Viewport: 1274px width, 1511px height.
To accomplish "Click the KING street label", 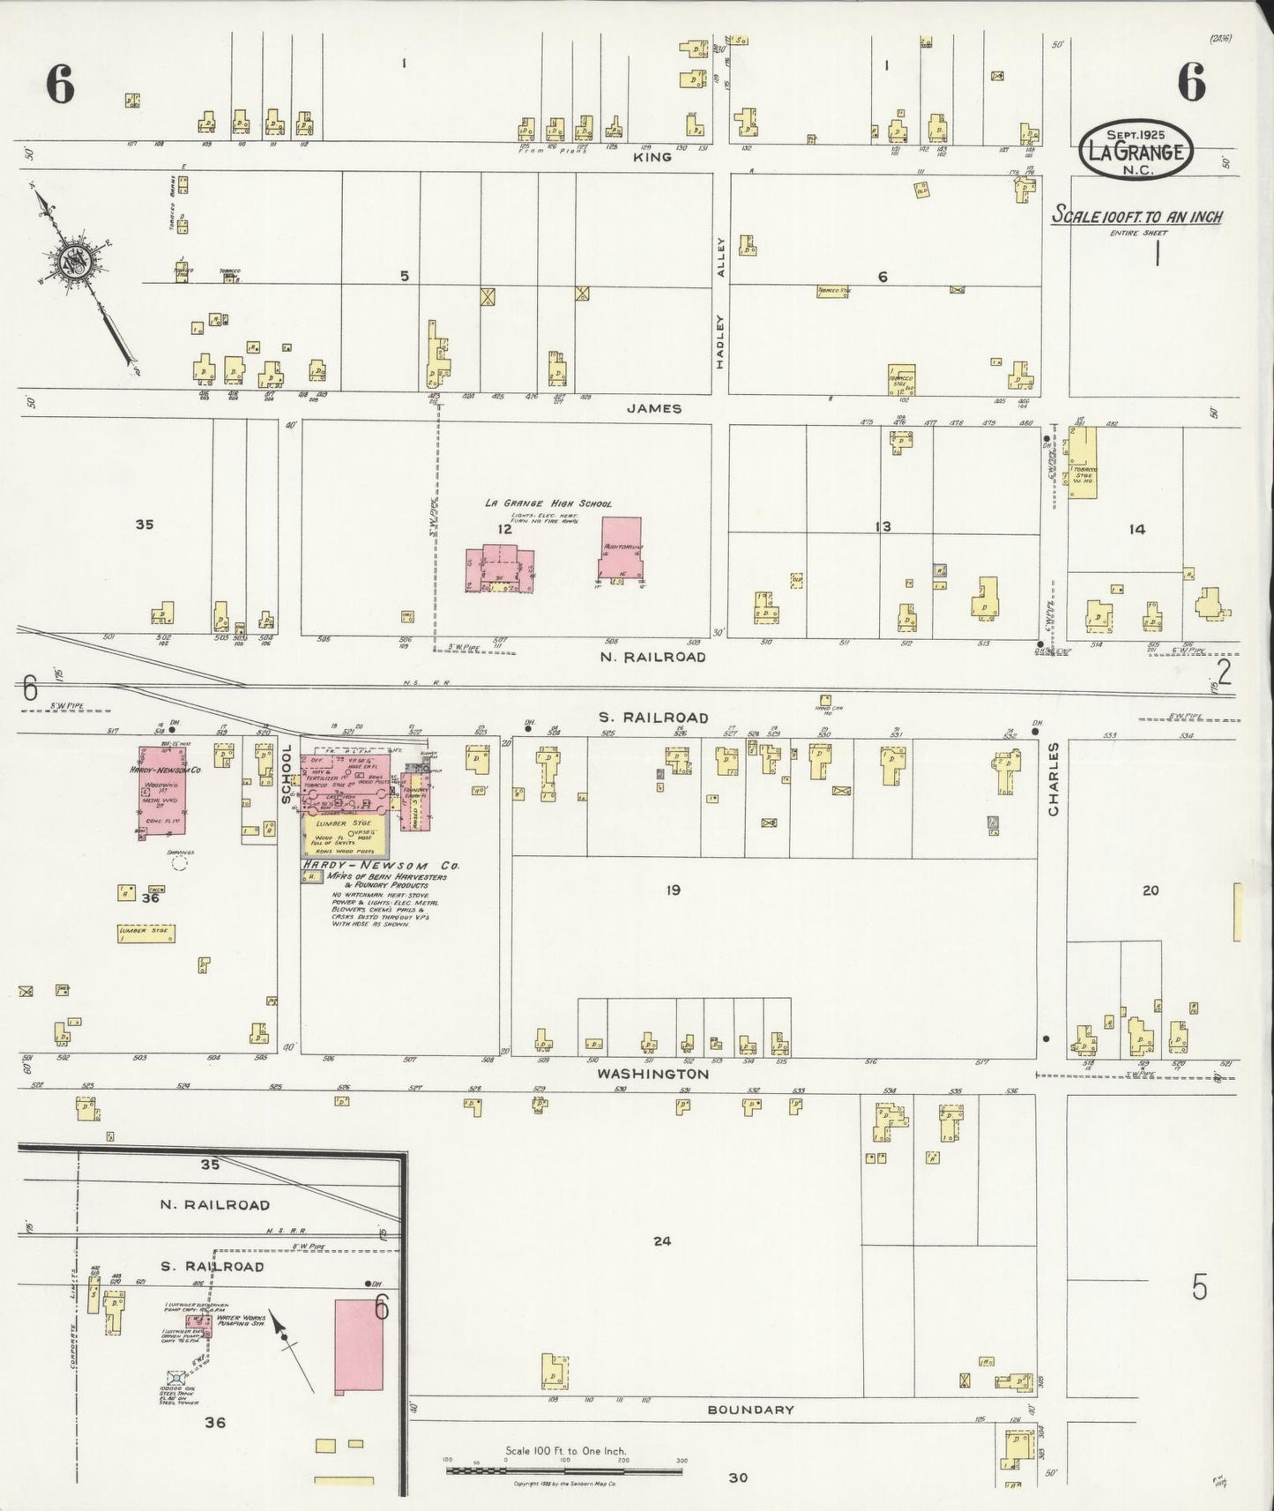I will (x=653, y=157).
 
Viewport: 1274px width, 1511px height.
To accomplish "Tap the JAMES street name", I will (x=654, y=408).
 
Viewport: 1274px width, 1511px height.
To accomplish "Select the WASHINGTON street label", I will (x=652, y=1075).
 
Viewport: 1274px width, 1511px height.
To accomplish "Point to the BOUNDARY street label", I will (x=751, y=1410).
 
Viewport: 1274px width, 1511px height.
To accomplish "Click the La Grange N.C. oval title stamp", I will (x=1136, y=151).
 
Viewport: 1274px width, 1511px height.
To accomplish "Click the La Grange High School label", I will (x=548, y=503).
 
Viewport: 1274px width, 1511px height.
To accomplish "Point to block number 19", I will (x=673, y=890).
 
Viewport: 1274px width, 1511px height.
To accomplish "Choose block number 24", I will (x=662, y=1240).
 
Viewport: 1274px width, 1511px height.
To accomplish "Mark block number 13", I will (x=883, y=526).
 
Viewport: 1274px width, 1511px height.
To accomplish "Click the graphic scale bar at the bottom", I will (x=564, y=1470).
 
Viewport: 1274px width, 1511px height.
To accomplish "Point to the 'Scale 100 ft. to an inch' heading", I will (x=1136, y=217).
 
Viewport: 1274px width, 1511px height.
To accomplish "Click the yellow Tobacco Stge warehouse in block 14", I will (x=1084, y=464).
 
